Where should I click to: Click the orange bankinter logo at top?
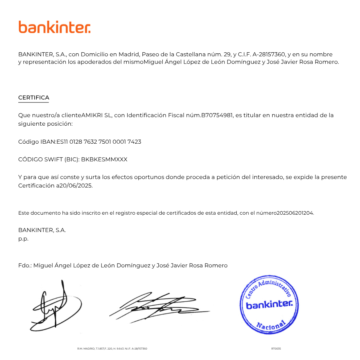click(54, 27)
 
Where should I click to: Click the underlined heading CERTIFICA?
click(34, 98)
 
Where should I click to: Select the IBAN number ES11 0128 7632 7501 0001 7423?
click(99, 142)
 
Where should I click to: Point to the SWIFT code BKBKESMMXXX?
click(104, 159)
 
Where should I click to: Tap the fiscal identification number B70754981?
click(217, 115)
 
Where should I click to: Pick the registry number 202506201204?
click(295, 213)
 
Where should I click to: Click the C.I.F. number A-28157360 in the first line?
click(269, 54)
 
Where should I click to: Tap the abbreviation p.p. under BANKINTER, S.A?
click(23, 239)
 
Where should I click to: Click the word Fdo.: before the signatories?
click(25, 265)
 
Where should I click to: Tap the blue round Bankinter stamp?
click(269, 305)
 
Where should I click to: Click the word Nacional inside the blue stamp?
click(271, 325)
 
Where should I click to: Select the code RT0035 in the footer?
click(276, 349)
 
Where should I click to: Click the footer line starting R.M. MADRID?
click(112, 349)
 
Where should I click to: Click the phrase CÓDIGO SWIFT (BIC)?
click(49, 159)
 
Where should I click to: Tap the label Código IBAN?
click(37, 142)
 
